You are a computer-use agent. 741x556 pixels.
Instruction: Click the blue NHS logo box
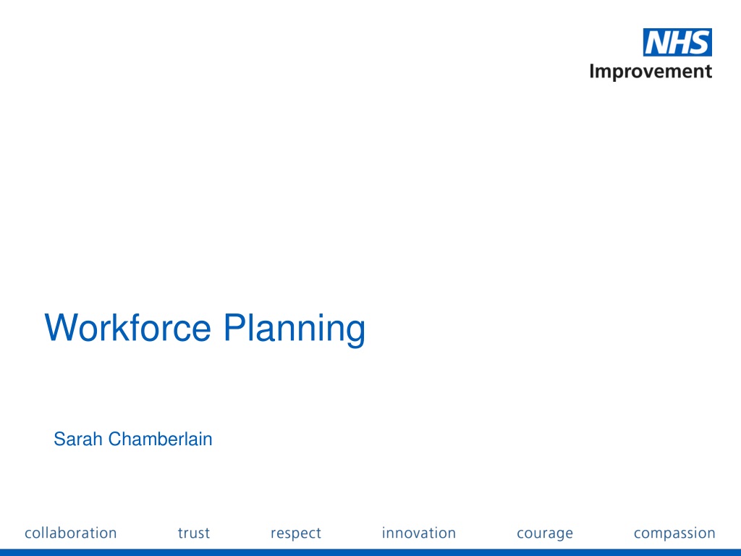pos(677,43)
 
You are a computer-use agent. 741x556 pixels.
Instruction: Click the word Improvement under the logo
pos(651,72)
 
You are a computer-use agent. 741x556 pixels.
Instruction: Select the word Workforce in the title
pos(127,327)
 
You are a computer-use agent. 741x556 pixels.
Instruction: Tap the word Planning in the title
pos(295,329)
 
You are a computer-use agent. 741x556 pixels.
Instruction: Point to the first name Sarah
pos(78,439)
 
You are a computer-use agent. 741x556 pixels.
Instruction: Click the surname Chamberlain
pos(160,439)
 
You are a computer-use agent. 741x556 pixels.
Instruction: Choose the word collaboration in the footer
pos(71,533)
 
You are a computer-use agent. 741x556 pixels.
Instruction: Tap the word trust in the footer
pos(194,534)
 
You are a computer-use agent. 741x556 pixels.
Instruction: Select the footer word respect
pos(296,534)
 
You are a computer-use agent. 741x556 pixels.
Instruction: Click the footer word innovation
pos(419,533)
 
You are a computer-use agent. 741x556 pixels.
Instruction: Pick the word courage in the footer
pos(545,534)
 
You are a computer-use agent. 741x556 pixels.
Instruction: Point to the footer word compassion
pos(674,534)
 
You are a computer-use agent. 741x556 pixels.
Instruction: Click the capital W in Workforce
pos(62,327)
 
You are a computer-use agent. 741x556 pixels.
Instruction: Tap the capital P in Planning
pos(235,327)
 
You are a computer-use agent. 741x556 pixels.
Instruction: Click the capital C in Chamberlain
pos(115,439)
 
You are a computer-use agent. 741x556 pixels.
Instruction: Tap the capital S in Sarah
pos(59,439)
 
